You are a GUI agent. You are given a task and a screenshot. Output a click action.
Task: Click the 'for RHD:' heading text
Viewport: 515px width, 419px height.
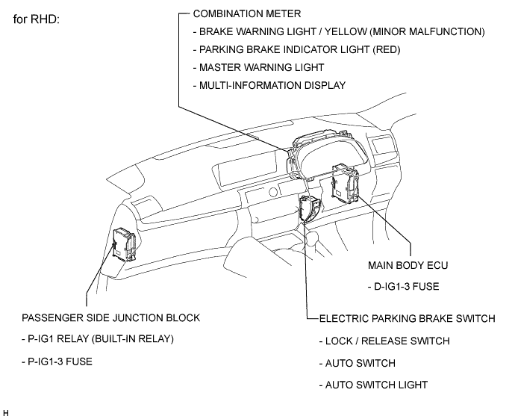tap(36, 19)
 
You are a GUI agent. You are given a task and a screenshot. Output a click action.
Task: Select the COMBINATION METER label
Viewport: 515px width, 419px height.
tap(246, 13)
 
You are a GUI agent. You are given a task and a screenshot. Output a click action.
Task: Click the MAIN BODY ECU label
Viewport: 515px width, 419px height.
tap(408, 265)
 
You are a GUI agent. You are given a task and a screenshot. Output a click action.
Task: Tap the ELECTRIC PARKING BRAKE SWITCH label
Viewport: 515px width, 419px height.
tap(407, 318)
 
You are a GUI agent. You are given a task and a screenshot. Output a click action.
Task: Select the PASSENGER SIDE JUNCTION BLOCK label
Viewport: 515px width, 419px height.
tap(110, 317)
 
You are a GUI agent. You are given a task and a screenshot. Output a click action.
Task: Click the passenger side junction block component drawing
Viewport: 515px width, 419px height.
tap(124, 244)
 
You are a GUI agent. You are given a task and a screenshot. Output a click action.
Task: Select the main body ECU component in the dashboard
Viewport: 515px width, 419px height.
tap(345, 183)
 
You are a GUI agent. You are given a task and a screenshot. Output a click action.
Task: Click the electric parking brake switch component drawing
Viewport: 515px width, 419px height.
tap(310, 208)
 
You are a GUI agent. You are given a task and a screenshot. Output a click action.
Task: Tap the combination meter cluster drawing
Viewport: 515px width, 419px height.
tap(327, 155)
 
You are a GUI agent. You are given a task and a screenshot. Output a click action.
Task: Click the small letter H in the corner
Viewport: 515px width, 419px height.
tap(5, 413)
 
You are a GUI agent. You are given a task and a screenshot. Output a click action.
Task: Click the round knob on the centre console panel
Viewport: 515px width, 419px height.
tap(273, 192)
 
